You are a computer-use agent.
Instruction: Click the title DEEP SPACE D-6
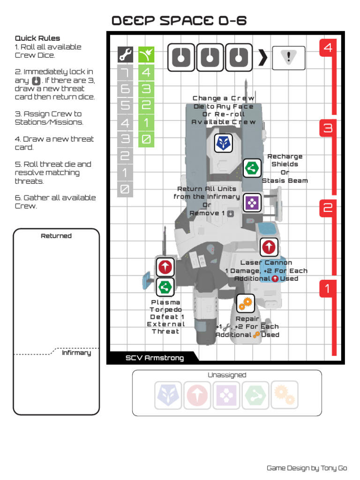tap(179, 21)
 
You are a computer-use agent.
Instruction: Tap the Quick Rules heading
tap(37, 38)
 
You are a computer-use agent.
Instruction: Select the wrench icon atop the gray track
tap(125, 56)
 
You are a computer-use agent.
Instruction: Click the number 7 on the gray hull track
tap(125, 73)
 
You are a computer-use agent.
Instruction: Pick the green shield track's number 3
tap(146, 89)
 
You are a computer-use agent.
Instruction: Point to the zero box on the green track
tap(146, 139)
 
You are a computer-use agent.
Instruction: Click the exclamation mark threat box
tap(288, 58)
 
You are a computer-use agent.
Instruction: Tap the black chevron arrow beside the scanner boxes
tap(263, 58)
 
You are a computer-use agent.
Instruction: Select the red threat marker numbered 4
tap(328, 48)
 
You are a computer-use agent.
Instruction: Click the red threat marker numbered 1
tap(328, 289)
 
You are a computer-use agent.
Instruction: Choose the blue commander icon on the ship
tap(224, 143)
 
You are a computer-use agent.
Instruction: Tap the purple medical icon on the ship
tap(252, 203)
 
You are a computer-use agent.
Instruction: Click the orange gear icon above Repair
tap(245, 304)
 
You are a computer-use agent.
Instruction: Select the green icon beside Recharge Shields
tap(252, 167)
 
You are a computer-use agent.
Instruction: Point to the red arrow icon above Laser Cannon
tap(269, 247)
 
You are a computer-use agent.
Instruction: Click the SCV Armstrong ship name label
tap(155, 358)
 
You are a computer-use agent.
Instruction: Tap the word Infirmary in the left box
tap(76, 353)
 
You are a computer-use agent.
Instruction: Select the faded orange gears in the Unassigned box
tap(284, 395)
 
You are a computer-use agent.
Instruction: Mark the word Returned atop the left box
tap(56, 236)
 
